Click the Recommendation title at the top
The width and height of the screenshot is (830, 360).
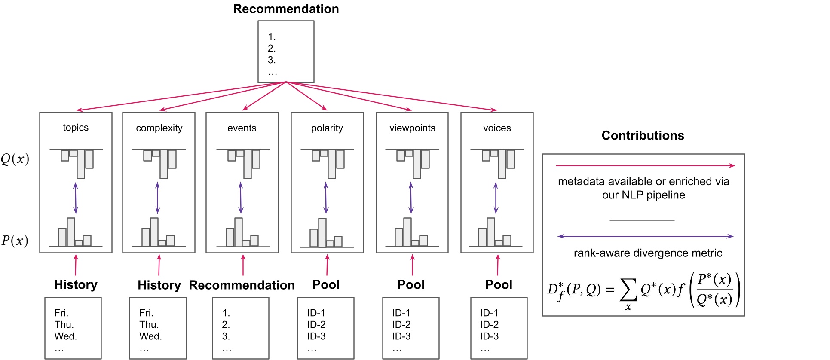286,9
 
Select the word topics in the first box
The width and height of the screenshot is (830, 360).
76,128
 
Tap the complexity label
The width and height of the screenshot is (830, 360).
159,128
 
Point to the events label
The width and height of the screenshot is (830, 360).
242,128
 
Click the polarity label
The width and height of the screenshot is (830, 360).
327,128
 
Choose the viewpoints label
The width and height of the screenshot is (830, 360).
412,128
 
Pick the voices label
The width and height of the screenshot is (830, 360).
497,128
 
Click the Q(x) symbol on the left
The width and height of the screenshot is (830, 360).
15,159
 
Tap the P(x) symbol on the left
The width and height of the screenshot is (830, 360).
15,240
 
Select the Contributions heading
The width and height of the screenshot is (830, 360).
643,136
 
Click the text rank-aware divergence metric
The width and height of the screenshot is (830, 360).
648,253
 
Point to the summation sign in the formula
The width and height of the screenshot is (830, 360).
628,290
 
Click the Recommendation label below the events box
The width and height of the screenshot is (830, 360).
242,285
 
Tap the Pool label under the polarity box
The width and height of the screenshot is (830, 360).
326,284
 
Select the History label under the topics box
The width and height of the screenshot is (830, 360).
76,284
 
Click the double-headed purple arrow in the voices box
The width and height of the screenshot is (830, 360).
496,198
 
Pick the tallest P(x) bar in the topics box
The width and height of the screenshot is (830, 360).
71,232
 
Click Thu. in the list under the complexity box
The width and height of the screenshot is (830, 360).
149,324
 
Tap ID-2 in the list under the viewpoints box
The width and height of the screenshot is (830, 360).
401,324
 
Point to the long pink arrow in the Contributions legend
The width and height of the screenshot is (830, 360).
645,165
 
